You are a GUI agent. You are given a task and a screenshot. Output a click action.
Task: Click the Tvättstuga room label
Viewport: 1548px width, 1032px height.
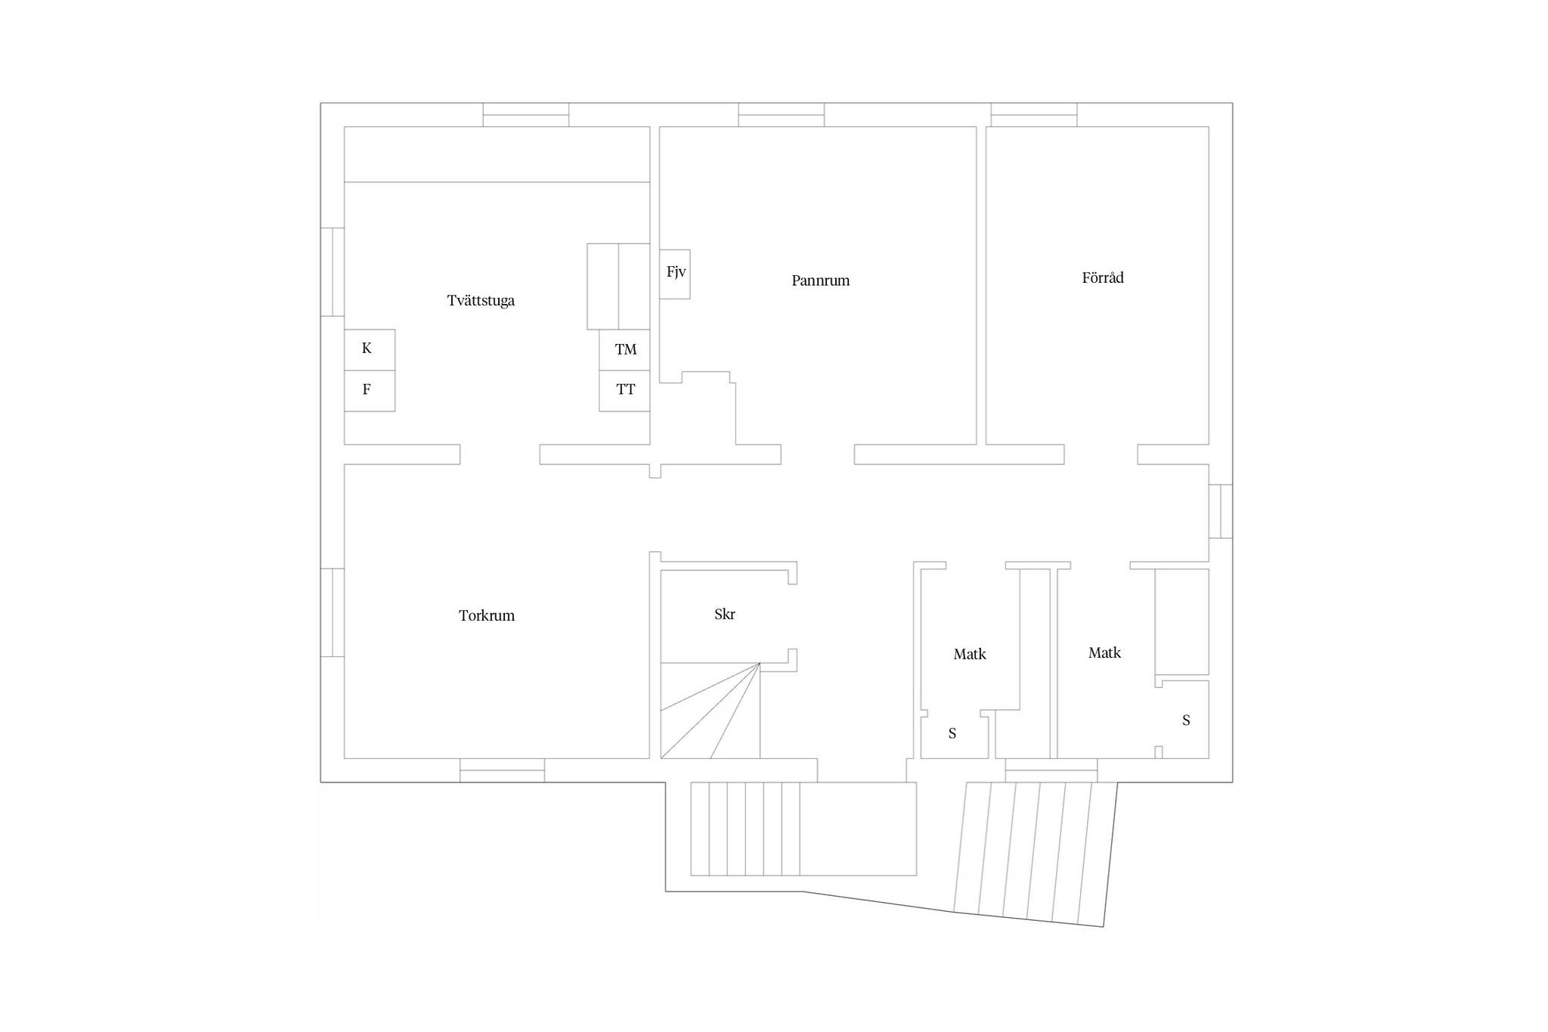click(x=481, y=301)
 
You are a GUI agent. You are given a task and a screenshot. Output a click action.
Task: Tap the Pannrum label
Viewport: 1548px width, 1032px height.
click(x=820, y=280)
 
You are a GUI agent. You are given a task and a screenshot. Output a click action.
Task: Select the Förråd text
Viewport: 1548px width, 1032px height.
click(x=1103, y=277)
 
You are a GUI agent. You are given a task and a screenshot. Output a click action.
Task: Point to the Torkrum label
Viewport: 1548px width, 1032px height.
click(x=487, y=615)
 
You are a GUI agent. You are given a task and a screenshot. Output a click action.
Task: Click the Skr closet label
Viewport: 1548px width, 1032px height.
click(x=725, y=614)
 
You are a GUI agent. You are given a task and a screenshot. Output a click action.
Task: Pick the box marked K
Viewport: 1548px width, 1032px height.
click(x=370, y=349)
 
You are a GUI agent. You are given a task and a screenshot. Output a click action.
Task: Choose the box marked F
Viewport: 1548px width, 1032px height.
click(x=370, y=391)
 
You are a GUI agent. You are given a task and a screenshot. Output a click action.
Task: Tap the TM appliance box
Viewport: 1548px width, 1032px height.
click(x=624, y=349)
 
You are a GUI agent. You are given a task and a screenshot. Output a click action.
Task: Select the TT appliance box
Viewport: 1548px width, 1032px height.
click(x=624, y=391)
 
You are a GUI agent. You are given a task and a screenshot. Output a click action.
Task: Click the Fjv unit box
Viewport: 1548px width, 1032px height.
click(x=675, y=274)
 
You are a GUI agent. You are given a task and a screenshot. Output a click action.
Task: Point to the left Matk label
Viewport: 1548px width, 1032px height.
click(x=970, y=654)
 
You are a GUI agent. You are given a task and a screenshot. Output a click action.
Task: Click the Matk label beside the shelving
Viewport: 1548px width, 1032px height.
click(x=1104, y=652)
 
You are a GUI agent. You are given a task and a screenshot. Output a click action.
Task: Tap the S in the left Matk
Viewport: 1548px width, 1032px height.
click(x=952, y=733)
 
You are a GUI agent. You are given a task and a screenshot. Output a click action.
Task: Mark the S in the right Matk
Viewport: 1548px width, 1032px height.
click(x=1186, y=721)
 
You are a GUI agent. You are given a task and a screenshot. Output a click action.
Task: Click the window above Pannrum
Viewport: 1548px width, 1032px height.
click(x=782, y=115)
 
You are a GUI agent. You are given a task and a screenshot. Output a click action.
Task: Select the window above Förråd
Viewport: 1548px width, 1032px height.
click(x=1034, y=115)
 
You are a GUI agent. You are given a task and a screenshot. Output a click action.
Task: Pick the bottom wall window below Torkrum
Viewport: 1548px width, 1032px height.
click(x=503, y=770)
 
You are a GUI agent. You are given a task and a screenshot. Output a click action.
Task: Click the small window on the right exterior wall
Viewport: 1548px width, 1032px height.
click(x=1221, y=511)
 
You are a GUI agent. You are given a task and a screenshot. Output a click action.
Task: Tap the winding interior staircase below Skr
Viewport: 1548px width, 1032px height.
click(x=711, y=711)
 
